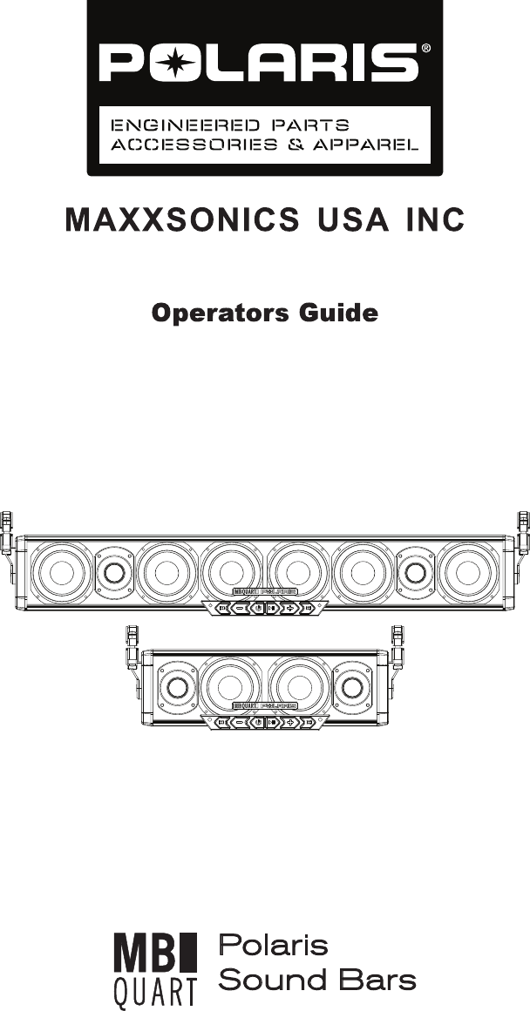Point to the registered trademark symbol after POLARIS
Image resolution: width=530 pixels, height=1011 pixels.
pyautogui.click(x=425, y=49)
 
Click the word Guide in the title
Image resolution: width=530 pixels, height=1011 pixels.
pyautogui.click(x=338, y=313)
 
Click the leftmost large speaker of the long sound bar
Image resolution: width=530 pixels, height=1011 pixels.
pyautogui.click(x=62, y=572)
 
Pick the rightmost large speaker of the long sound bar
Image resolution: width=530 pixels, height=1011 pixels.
pyautogui.click(x=469, y=572)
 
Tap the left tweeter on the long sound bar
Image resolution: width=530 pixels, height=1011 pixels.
pyautogui.click(x=112, y=572)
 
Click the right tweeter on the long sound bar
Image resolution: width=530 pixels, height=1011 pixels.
pyautogui.click(x=416, y=572)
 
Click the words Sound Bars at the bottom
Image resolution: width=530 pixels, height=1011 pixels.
pyautogui.click(x=316, y=981)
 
